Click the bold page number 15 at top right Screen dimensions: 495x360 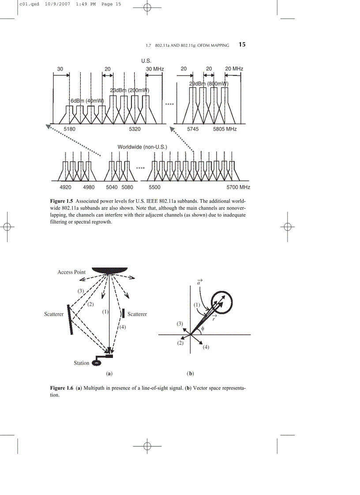point(242,45)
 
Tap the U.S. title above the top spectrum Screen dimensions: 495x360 point(146,61)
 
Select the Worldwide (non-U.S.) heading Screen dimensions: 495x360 point(142,147)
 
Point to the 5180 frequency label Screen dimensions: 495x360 point(70,129)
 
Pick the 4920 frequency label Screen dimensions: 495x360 point(65,187)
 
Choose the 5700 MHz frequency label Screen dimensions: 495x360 point(239,187)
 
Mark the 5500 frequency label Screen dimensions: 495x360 point(154,187)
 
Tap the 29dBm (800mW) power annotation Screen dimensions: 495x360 point(209,84)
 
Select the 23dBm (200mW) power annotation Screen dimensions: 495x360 point(130,90)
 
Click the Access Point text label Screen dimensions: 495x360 point(71,272)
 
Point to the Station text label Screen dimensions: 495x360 point(81,363)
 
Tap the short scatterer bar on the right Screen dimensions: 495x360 point(123,313)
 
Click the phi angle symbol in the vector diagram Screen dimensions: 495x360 point(202,329)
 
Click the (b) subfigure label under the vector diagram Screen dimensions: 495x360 point(191,374)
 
